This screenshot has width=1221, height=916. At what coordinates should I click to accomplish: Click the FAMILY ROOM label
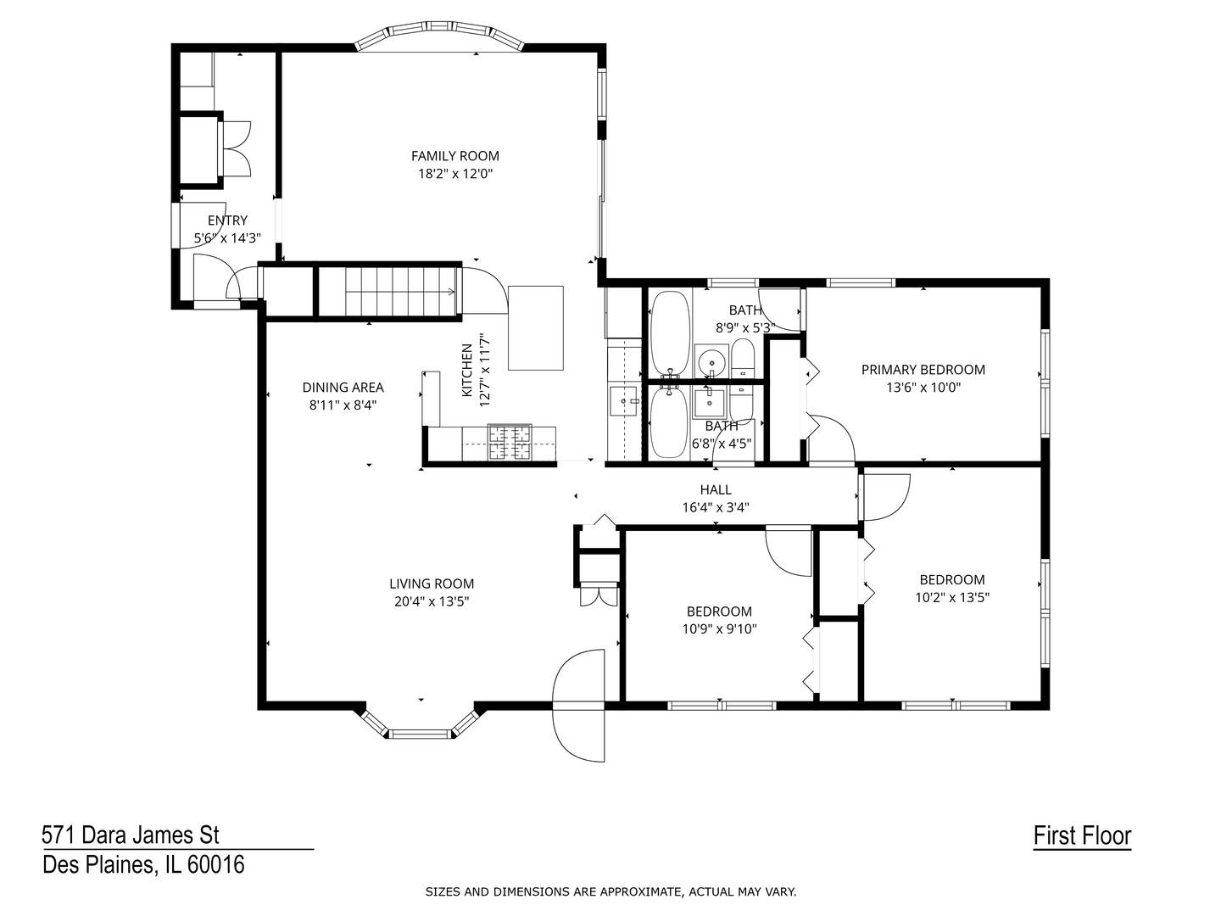pos(455,156)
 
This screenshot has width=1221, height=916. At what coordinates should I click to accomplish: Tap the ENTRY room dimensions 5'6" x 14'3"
pos(227,238)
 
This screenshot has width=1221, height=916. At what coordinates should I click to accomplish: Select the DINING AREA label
pos(343,388)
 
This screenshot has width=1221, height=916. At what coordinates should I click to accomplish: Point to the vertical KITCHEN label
pos(467,371)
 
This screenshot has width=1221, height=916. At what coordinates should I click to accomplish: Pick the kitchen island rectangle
pos(535,327)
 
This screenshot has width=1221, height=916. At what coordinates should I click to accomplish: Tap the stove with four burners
pos(509,443)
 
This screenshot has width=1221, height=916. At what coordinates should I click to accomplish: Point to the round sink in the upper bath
pos(711,361)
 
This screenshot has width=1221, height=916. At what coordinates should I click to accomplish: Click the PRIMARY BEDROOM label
pos(923,370)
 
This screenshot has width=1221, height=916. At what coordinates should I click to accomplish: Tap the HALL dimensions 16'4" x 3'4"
pos(716,508)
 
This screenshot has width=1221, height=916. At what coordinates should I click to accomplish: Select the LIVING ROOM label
pos(432,584)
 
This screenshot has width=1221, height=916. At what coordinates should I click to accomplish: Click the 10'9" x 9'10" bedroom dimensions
pos(719,629)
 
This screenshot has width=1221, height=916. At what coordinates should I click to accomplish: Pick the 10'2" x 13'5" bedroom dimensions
pos(952,597)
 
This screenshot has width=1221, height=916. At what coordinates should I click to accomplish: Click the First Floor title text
pos(1082,835)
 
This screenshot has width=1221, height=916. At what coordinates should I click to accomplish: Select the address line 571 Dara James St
pos(131,835)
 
